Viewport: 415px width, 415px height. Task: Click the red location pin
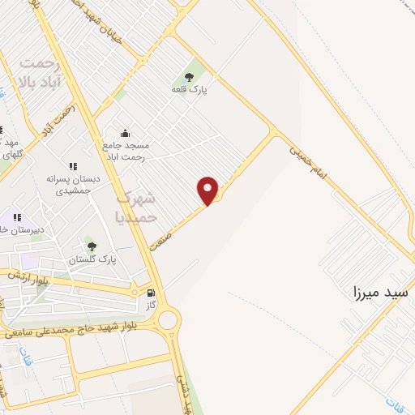(209, 190)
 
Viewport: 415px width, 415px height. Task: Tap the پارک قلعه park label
(190, 90)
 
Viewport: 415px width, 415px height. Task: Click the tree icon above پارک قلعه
(190, 77)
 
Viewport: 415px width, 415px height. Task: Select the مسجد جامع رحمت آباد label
(127, 151)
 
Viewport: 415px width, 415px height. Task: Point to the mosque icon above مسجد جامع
(125, 133)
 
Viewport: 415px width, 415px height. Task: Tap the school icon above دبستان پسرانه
(73, 166)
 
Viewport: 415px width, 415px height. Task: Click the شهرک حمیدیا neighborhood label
(134, 207)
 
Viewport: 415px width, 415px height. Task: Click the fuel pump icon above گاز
(150, 292)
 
